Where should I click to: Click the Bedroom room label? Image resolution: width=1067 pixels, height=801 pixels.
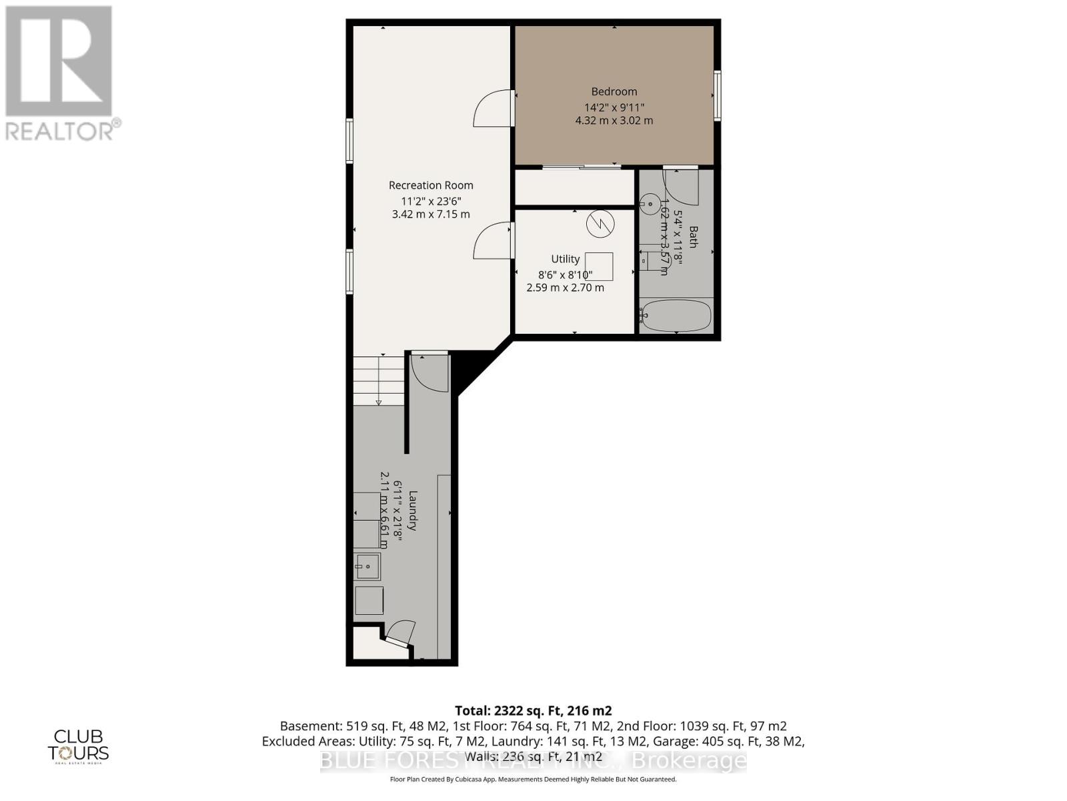[614, 91]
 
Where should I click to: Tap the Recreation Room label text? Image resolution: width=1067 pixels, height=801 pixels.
[431, 185]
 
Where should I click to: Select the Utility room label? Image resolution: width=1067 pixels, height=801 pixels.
[565, 259]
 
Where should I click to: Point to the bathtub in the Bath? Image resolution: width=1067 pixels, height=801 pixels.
[676, 315]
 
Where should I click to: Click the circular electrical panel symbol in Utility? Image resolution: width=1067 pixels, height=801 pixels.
[600, 224]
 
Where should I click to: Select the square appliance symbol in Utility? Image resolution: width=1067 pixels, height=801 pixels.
[598, 266]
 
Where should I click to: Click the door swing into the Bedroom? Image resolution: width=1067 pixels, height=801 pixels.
[493, 109]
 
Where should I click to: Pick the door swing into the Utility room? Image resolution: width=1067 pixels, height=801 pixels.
[493, 241]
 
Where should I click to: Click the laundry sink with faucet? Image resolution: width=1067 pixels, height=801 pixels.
[367, 567]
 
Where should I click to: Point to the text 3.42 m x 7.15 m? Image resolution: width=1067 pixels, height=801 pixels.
[431, 214]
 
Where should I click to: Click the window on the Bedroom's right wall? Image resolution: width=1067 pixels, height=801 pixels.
[718, 95]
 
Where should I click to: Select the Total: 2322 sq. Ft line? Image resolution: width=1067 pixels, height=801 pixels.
[533, 710]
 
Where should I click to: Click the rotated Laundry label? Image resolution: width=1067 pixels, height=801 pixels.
[413, 511]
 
